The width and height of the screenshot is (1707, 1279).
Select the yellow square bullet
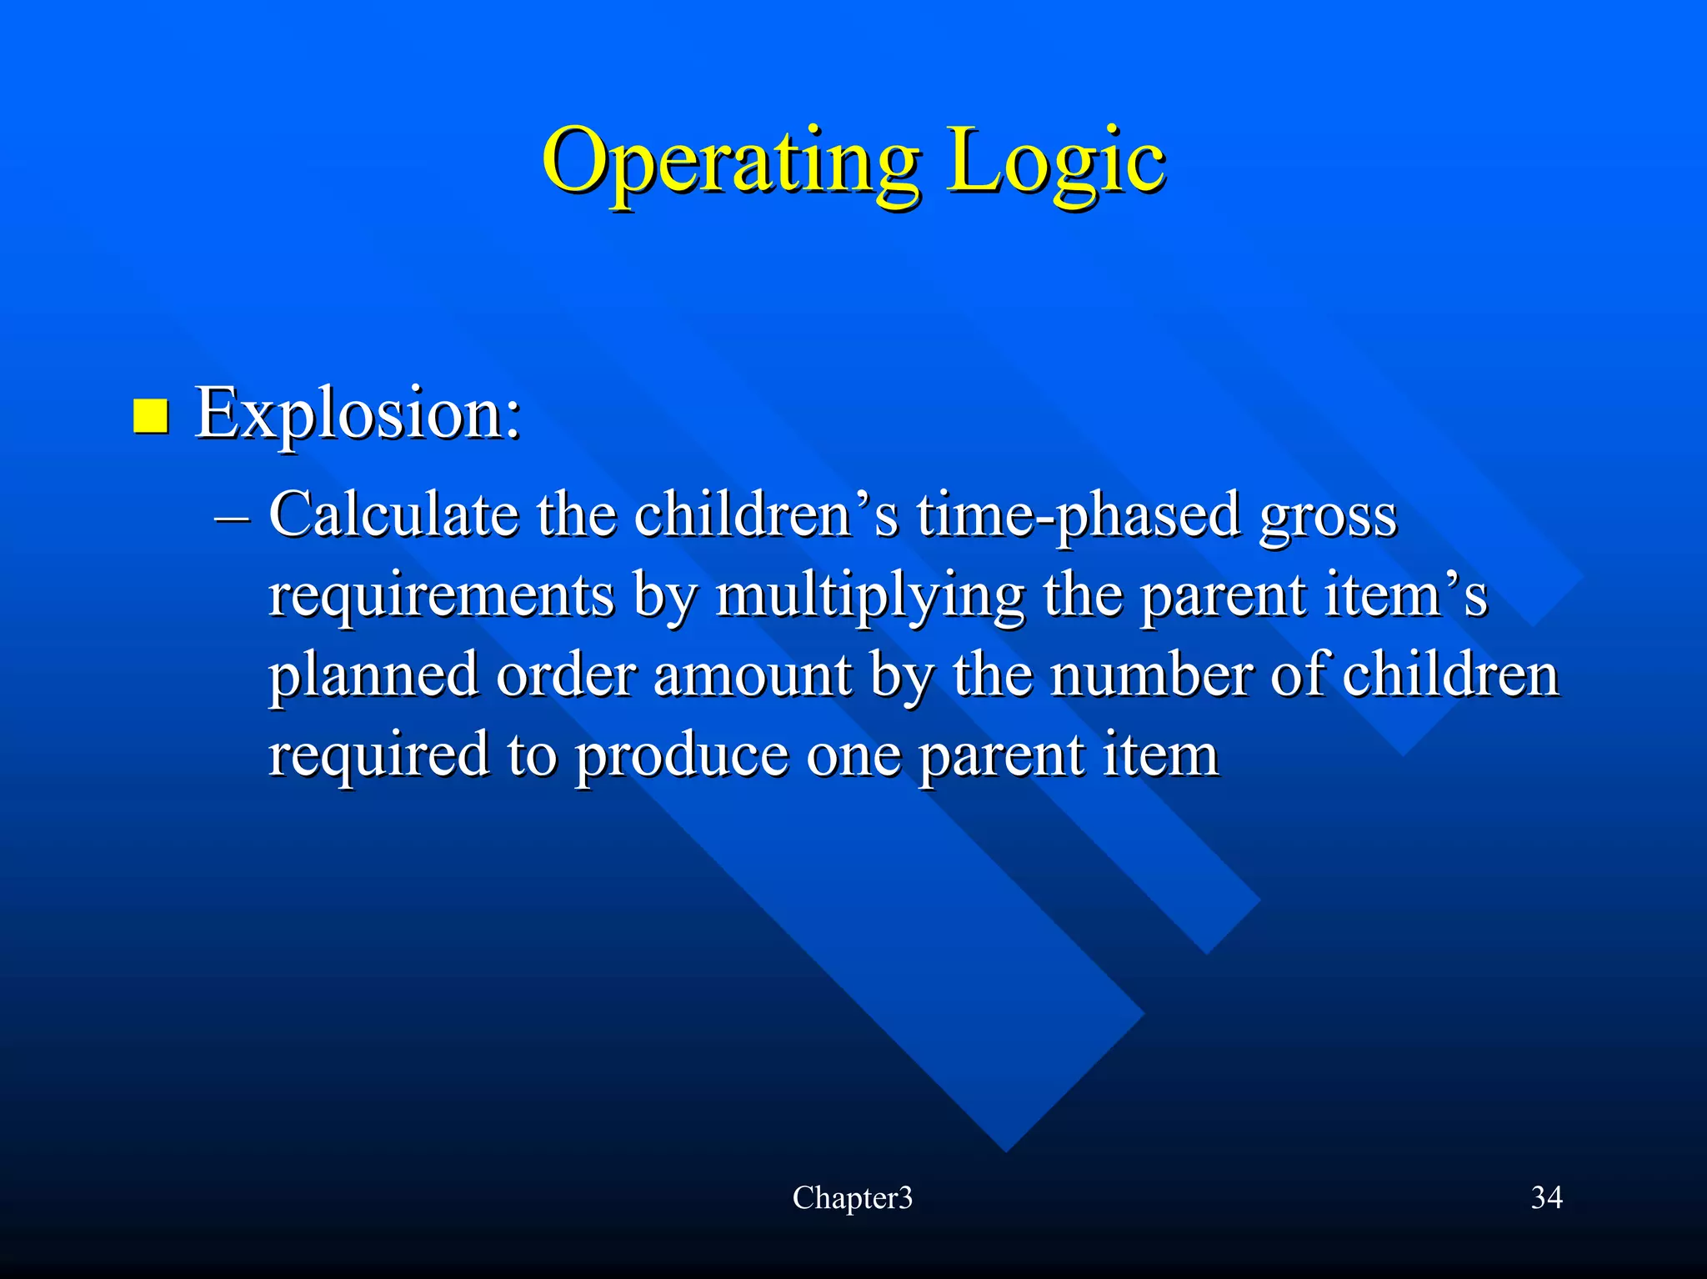point(151,416)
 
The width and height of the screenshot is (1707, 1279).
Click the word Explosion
point(358,414)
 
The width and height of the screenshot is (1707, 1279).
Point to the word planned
point(373,675)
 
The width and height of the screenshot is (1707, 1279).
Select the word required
point(378,755)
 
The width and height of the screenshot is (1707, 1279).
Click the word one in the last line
point(853,755)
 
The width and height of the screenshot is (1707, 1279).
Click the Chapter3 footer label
point(852,1197)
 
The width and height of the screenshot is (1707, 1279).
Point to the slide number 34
point(1546,1197)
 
